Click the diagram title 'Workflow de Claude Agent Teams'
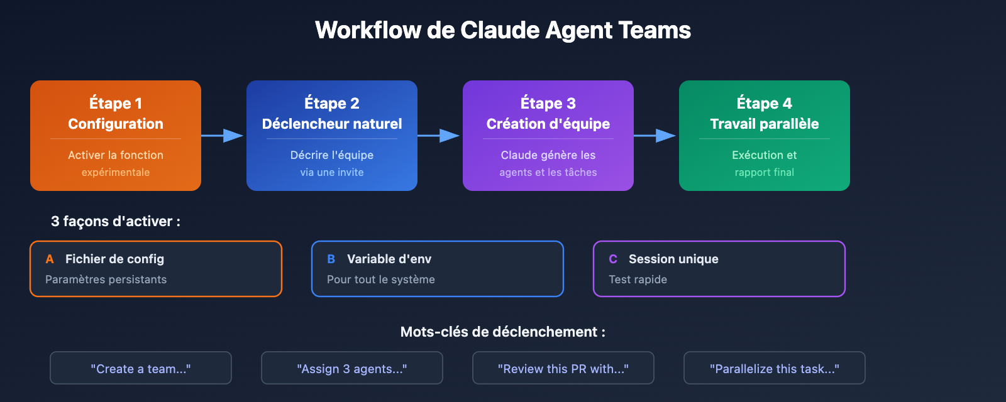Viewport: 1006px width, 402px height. click(503, 30)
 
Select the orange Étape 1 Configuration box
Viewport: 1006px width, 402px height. click(116, 136)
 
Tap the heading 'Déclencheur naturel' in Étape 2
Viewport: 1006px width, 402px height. click(332, 124)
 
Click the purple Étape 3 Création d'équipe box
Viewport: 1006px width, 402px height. click(548, 136)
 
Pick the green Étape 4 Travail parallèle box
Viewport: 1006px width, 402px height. click(765, 136)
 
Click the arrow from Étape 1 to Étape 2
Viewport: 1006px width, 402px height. click(223, 136)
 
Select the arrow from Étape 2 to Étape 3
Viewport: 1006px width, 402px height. click(439, 136)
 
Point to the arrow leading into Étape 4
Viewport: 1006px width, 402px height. click(656, 136)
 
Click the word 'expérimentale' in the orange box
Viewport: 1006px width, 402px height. click(116, 172)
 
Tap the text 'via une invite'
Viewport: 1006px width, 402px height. click(332, 172)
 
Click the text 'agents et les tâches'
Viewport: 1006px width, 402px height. click(548, 172)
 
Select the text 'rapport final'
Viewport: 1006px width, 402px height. click(765, 172)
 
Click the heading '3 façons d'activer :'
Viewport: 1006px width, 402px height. click(116, 221)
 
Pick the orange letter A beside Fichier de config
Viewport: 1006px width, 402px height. click(50, 259)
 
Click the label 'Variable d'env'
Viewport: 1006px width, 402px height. click(389, 259)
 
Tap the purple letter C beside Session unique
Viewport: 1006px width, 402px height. click(613, 259)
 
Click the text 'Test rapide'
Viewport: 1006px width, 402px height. click(638, 280)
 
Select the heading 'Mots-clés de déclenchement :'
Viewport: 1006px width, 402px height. click(503, 332)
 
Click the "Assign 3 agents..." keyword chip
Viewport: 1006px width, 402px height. click(352, 369)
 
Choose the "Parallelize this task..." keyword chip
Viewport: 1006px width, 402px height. click(775, 369)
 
